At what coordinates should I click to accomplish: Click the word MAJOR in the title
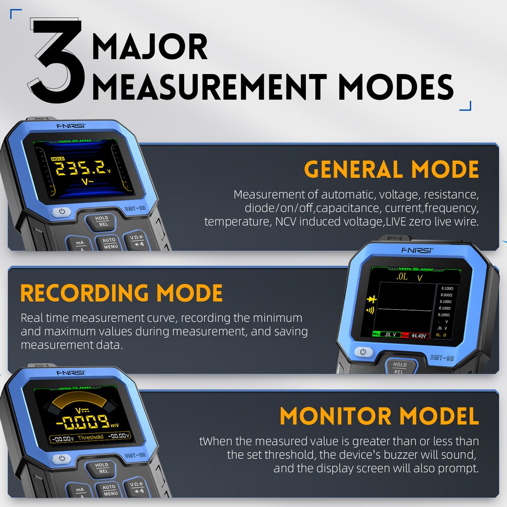(150, 47)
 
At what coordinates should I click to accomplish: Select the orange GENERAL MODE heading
(391, 169)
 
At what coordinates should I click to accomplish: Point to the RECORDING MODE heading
(122, 293)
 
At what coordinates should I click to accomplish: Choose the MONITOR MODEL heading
(379, 416)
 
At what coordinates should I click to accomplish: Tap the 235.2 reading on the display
(81, 169)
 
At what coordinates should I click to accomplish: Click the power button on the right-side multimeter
(363, 352)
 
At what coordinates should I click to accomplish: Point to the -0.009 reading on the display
(83, 421)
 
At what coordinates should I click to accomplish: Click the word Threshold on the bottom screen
(91, 437)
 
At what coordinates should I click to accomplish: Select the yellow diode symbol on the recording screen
(370, 299)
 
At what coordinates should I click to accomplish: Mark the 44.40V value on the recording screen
(419, 335)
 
